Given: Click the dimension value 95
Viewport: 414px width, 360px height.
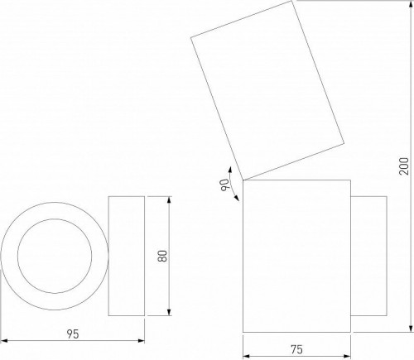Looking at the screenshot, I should tap(72, 334).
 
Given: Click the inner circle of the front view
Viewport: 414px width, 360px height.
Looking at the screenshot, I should tap(55, 256).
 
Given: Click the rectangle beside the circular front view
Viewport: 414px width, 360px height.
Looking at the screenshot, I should tap(126, 256).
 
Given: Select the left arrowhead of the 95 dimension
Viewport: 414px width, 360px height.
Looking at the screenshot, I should tap(4, 339).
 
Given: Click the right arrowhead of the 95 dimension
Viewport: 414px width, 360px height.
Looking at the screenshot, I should tap(142, 339).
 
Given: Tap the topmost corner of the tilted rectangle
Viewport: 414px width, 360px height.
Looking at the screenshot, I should tap(293, 2).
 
